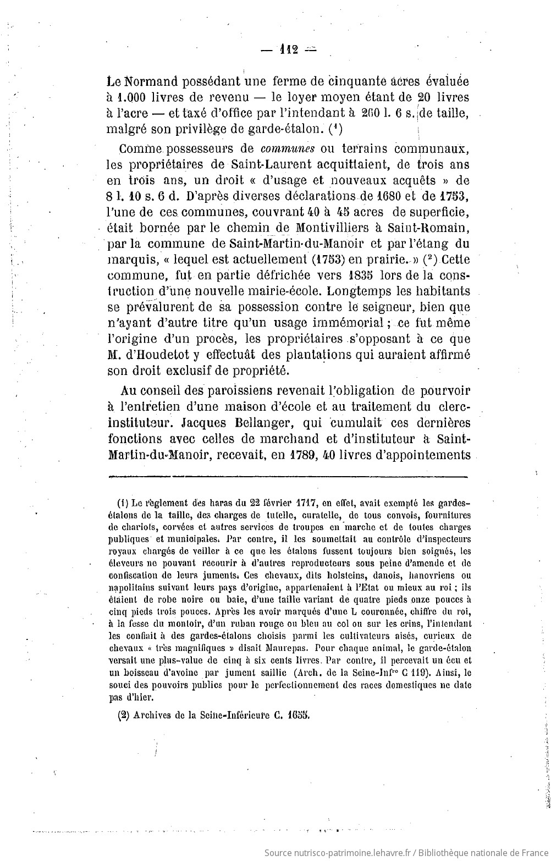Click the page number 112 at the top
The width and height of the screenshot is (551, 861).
289,50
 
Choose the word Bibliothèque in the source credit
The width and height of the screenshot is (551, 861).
446,853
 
